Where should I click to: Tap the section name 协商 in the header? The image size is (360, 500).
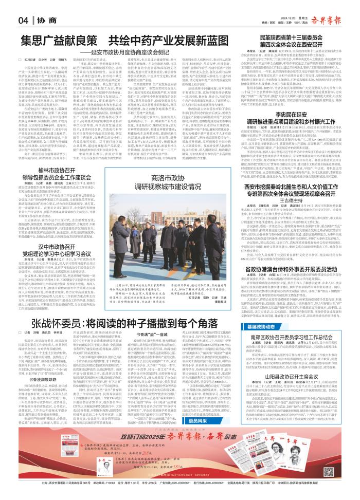(x=43, y=20)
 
